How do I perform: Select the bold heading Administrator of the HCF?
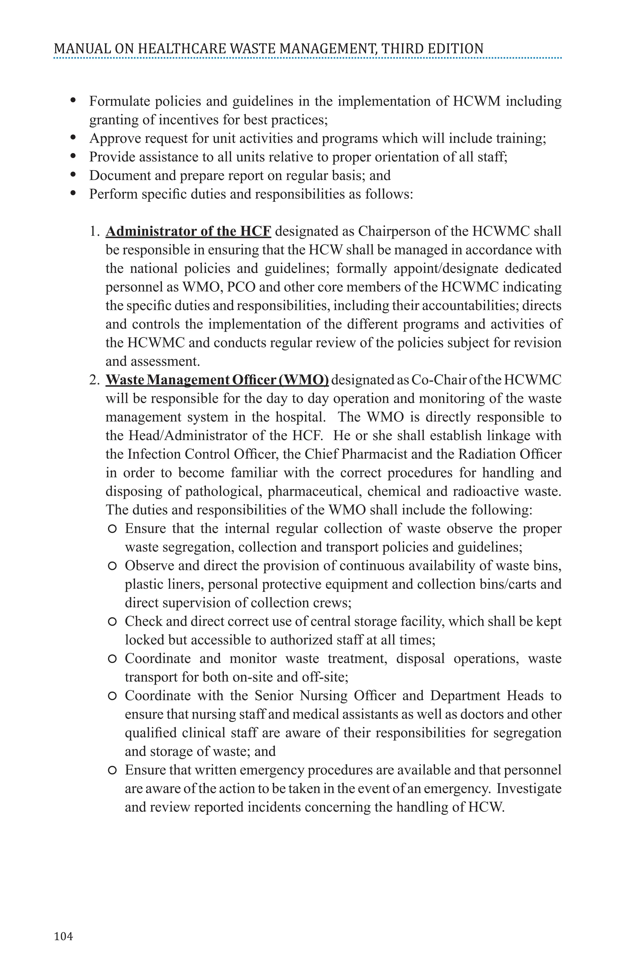[x=188, y=231]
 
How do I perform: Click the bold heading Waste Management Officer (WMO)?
[x=217, y=380]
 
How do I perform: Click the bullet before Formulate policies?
[x=74, y=100]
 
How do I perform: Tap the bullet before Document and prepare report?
[x=74, y=175]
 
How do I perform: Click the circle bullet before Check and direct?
[x=112, y=622]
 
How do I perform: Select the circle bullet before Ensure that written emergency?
[x=112, y=771]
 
